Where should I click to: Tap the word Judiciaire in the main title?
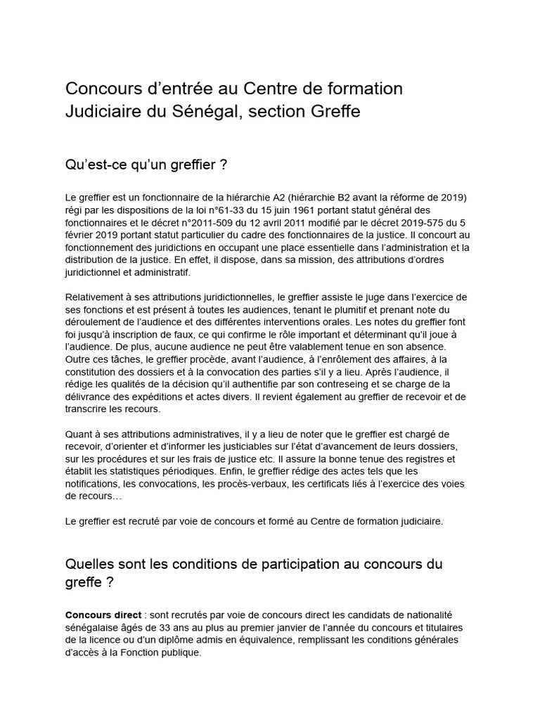107,111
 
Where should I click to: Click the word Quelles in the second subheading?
89,565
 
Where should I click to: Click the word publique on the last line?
180,652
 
